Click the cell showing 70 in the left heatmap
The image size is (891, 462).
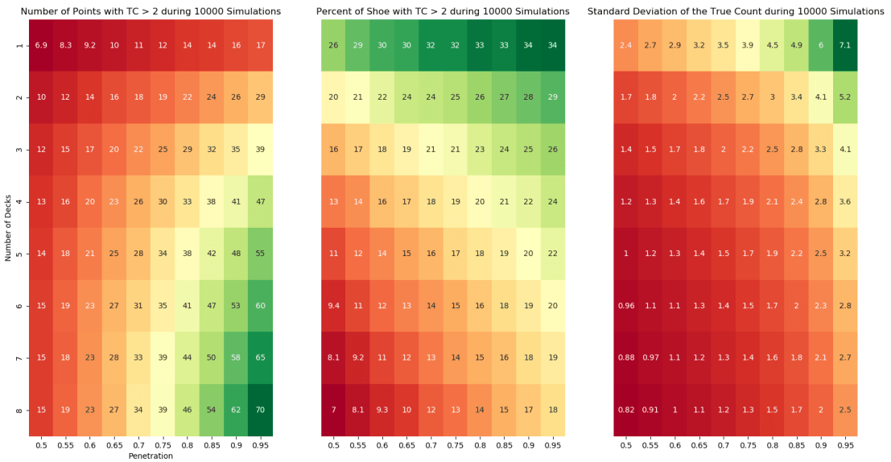coord(261,409)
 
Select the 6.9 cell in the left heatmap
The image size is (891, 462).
coord(42,44)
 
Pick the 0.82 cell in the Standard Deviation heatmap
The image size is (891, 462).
coord(625,409)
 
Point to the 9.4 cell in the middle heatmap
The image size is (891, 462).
coord(332,305)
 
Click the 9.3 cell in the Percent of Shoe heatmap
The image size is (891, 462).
coord(382,409)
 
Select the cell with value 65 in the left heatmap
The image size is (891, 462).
coord(261,357)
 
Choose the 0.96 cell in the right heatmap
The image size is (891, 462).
coord(625,305)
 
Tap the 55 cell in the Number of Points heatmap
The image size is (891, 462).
coord(261,253)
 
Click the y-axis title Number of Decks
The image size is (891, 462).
coord(7,227)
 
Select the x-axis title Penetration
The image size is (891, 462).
coord(151,456)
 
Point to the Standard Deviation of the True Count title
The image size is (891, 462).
coord(735,11)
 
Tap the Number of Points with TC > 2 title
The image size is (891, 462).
coord(151,11)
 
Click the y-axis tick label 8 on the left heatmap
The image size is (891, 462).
coord(19,409)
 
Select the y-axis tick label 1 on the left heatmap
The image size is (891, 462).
coord(19,44)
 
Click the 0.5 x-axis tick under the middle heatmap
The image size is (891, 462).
coord(332,443)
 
